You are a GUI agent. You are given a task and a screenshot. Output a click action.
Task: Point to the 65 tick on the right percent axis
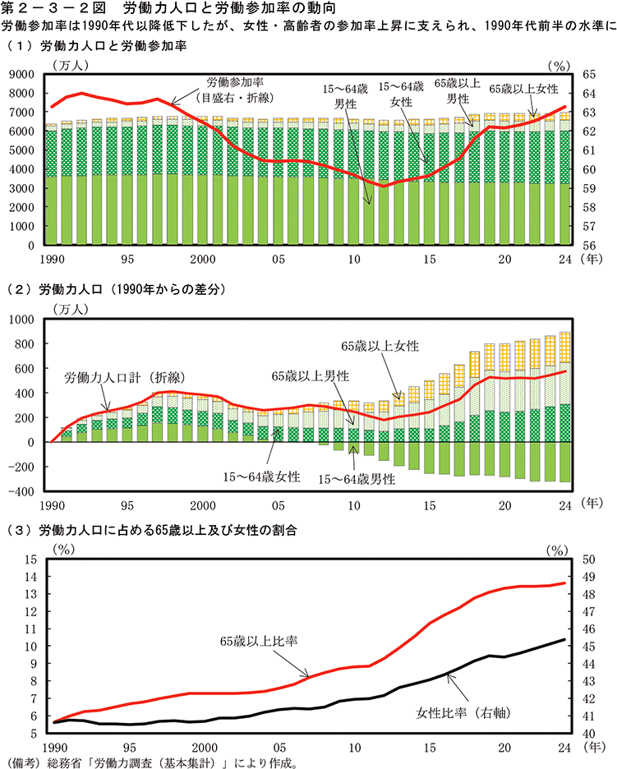tap(587, 74)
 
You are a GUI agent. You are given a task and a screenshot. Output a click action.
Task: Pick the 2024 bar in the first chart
tap(565, 181)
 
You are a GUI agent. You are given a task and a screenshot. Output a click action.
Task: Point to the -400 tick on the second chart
tap(21, 491)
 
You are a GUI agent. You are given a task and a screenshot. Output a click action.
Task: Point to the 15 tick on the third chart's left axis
tap(31, 559)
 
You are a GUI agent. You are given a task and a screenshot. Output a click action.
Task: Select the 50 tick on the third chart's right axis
tap(587, 559)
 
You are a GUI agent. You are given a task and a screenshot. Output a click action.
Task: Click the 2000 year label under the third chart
tap(204, 747)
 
